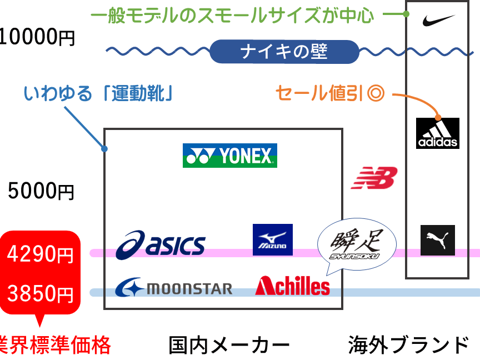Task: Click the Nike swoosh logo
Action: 438,20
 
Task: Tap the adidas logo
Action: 437,133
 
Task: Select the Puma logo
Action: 437,241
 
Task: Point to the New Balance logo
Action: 374,178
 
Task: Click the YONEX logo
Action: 230,156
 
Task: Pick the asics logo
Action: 161,245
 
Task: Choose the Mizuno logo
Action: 272,239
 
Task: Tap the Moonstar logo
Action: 173,287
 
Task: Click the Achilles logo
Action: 292,286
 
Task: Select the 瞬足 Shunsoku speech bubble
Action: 357,244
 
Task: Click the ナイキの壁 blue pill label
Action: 284,52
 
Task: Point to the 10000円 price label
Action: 37,37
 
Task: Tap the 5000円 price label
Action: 41,191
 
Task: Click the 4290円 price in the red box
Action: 40,254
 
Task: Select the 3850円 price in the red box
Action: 40,293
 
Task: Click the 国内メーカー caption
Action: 229,346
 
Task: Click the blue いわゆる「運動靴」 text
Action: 98,93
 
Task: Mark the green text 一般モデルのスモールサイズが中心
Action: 232,16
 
